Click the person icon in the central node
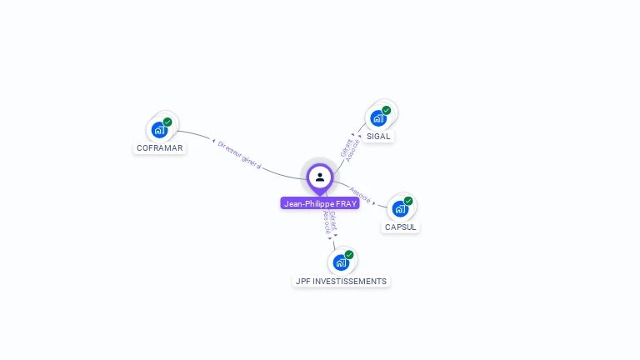[x=320, y=177]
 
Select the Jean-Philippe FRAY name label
[x=320, y=203]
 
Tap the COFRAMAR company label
[x=159, y=148]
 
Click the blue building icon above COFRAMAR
[x=158, y=130]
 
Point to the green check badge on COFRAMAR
[x=167, y=122]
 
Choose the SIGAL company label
[x=378, y=136]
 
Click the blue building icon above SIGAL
[x=378, y=118]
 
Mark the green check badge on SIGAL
[x=387, y=110]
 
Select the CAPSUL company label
[x=401, y=227]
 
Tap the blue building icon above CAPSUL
[x=400, y=208]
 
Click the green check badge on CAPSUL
[x=408, y=201]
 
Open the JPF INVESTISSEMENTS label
[x=342, y=281]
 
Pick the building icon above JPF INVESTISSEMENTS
[x=341, y=262]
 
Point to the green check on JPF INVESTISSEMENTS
[x=349, y=255]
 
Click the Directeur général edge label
[x=239, y=155]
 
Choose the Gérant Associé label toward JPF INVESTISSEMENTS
[x=329, y=222]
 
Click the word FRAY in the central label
[x=346, y=203]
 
